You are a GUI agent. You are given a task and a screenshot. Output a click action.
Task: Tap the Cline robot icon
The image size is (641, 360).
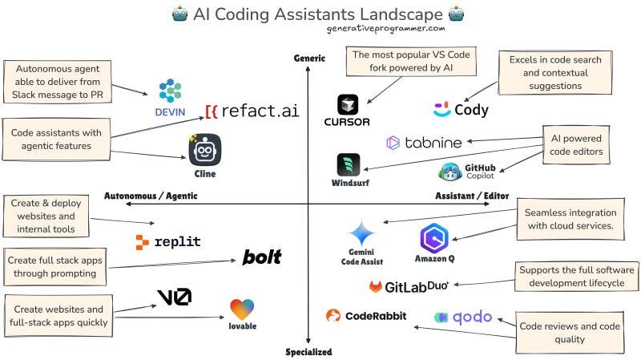[x=204, y=150]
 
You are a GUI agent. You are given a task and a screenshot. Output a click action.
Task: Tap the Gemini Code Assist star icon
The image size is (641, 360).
[x=361, y=233]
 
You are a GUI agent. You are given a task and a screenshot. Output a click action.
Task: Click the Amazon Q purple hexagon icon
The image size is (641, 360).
[x=435, y=238]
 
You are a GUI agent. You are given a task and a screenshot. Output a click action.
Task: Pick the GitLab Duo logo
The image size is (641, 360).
[x=409, y=286]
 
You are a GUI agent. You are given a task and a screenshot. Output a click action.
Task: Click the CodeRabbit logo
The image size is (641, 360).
[x=366, y=316]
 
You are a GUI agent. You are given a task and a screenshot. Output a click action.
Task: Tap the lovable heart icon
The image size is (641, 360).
[x=242, y=310]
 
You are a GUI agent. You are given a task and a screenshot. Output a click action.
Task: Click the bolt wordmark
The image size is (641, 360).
[x=262, y=257]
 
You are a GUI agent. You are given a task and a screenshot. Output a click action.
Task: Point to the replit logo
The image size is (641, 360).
[x=168, y=241]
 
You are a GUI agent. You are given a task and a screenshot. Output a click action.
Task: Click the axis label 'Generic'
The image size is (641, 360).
[x=309, y=58]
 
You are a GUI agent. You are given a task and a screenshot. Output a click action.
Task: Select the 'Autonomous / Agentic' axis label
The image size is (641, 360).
[x=151, y=196]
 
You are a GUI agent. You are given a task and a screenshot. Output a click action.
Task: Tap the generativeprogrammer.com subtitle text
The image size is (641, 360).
[x=385, y=28]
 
